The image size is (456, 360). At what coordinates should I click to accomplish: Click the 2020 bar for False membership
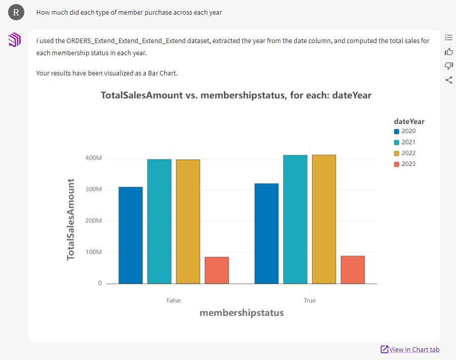(130, 235)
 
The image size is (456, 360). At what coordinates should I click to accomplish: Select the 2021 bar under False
(159, 221)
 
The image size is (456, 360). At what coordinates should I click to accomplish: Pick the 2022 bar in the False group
(188, 221)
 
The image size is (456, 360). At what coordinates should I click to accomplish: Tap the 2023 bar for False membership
(217, 270)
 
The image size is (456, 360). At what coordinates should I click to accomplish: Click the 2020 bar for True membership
(267, 233)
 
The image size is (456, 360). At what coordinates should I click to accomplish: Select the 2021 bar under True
(295, 219)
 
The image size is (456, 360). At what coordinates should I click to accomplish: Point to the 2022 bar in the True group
(324, 219)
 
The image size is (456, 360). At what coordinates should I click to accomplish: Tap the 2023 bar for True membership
(353, 269)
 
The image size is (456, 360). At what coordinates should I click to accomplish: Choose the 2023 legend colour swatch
(397, 164)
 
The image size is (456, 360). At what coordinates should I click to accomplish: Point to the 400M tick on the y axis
(93, 158)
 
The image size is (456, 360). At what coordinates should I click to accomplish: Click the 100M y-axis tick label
(93, 252)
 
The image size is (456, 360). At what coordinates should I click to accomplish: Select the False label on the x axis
(173, 300)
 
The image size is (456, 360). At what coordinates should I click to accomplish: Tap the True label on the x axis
(310, 300)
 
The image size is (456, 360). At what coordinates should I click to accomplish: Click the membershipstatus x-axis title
(242, 313)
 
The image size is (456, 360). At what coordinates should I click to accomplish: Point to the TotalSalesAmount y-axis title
(71, 219)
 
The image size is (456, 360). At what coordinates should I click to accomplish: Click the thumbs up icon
(448, 51)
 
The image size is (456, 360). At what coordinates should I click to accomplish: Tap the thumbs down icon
(448, 65)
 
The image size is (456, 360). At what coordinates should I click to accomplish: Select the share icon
(448, 79)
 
